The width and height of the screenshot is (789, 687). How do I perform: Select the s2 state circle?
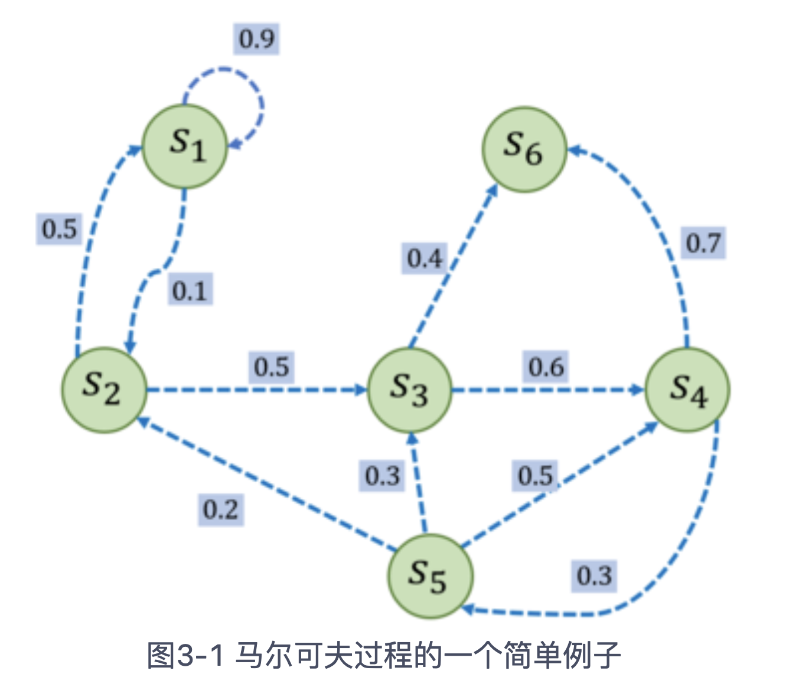coord(104,390)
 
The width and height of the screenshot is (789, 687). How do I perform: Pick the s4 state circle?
coord(687,390)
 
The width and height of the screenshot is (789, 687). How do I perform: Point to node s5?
coord(430,576)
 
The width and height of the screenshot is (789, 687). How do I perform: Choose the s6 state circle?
coord(524,149)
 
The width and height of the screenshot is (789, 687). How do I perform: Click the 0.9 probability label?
coord(256,39)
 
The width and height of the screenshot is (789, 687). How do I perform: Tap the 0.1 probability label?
coord(190,290)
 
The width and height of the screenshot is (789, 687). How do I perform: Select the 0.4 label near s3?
coord(425,258)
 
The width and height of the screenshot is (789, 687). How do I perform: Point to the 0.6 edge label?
coord(546,367)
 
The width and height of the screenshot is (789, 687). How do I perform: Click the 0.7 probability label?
coord(703,243)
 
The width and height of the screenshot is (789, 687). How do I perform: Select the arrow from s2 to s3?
coord(254,390)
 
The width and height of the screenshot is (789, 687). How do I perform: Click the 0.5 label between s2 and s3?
coord(272,367)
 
